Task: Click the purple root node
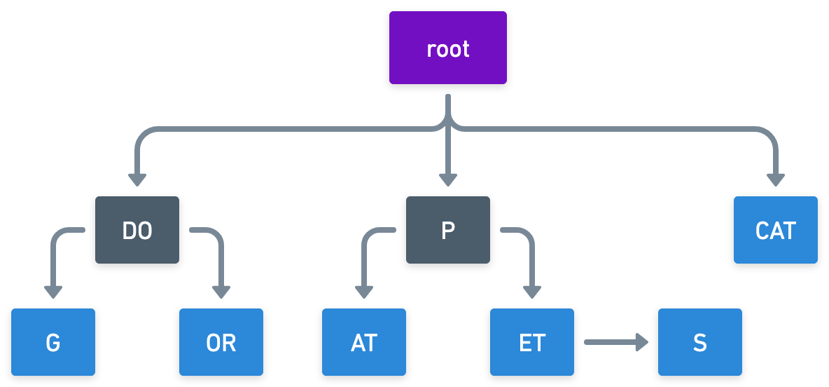tap(448, 48)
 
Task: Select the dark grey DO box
tap(137, 230)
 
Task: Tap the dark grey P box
tap(448, 230)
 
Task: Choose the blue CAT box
tap(776, 230)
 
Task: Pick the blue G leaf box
tap(53, 342)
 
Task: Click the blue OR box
tap(221, 342)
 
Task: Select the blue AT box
tap(364, 342)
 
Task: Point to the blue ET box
tap(532, 342)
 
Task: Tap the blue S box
tap(700, 342)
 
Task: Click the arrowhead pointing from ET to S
tap(642, 342)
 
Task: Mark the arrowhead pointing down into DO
tap(137, 180)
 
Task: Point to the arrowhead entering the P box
tap(448, 180)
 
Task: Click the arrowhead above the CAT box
tap(776, 180)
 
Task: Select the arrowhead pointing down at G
tap(53, 292)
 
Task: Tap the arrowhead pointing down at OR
tap(221, 292)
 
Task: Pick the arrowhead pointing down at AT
tap(364, 292)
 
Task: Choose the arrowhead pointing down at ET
tap(532, 292)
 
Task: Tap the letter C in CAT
tap(762, 230)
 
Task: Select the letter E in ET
tap(525, 343)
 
